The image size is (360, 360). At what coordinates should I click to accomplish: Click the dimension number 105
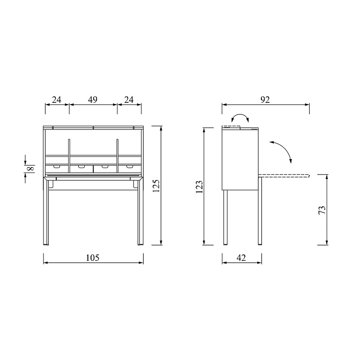click(x=93, y=258)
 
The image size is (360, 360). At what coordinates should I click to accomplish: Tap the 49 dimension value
click(x=93, y=100)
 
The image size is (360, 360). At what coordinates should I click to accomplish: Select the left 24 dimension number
click(x=57, y=100)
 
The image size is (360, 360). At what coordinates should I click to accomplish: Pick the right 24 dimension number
click(x=129, y=100)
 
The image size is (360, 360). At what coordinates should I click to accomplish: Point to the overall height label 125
click(x=156, y=186)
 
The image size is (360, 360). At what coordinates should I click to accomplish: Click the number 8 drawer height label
click(x=31, y=169)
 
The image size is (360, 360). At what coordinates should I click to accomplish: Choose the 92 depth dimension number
click(x=265, y=100)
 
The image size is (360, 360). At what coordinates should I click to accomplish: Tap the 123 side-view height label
click(x=199, y=187)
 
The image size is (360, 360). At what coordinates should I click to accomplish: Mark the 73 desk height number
click(x=322, y=210)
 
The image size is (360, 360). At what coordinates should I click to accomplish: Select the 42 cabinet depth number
click(x=241, y=258)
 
